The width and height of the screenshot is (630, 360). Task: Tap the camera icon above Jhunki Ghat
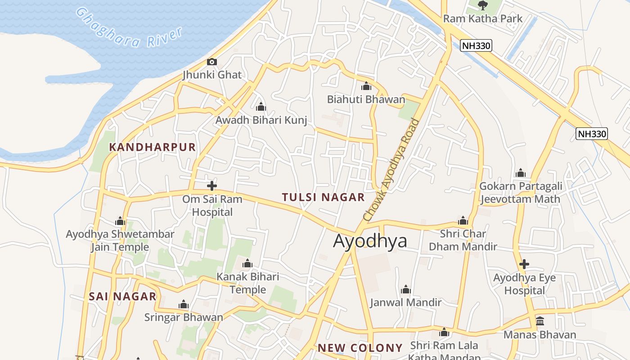(211, 62)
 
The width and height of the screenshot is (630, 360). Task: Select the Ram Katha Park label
(483, 18)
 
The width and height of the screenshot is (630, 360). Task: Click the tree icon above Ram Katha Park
(483, 5)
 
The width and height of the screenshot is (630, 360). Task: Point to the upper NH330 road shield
(476, 45)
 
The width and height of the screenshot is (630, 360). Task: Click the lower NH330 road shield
(592, 134)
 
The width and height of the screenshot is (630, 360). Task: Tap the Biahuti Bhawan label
(366, 99)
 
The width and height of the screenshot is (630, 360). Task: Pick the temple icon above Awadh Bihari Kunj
(261, 107)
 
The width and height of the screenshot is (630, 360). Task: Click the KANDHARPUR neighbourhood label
(153, 147)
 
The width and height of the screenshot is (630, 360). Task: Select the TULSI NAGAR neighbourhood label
(323, 197)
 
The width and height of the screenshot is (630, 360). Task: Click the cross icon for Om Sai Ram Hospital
(212, 185)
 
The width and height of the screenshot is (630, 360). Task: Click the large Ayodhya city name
(370, 241)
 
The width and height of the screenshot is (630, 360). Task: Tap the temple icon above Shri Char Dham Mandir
(463, 220)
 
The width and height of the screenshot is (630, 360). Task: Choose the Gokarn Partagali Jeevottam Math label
(521, 193)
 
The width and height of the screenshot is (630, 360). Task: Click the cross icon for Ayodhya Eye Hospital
(524, 264)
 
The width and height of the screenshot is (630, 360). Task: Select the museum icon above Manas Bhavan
(540, 321)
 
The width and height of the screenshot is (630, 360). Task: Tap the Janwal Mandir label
(405, 302)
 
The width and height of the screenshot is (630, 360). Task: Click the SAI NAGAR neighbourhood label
(122, 297)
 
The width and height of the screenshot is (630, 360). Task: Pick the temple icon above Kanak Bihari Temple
(247, 263)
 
